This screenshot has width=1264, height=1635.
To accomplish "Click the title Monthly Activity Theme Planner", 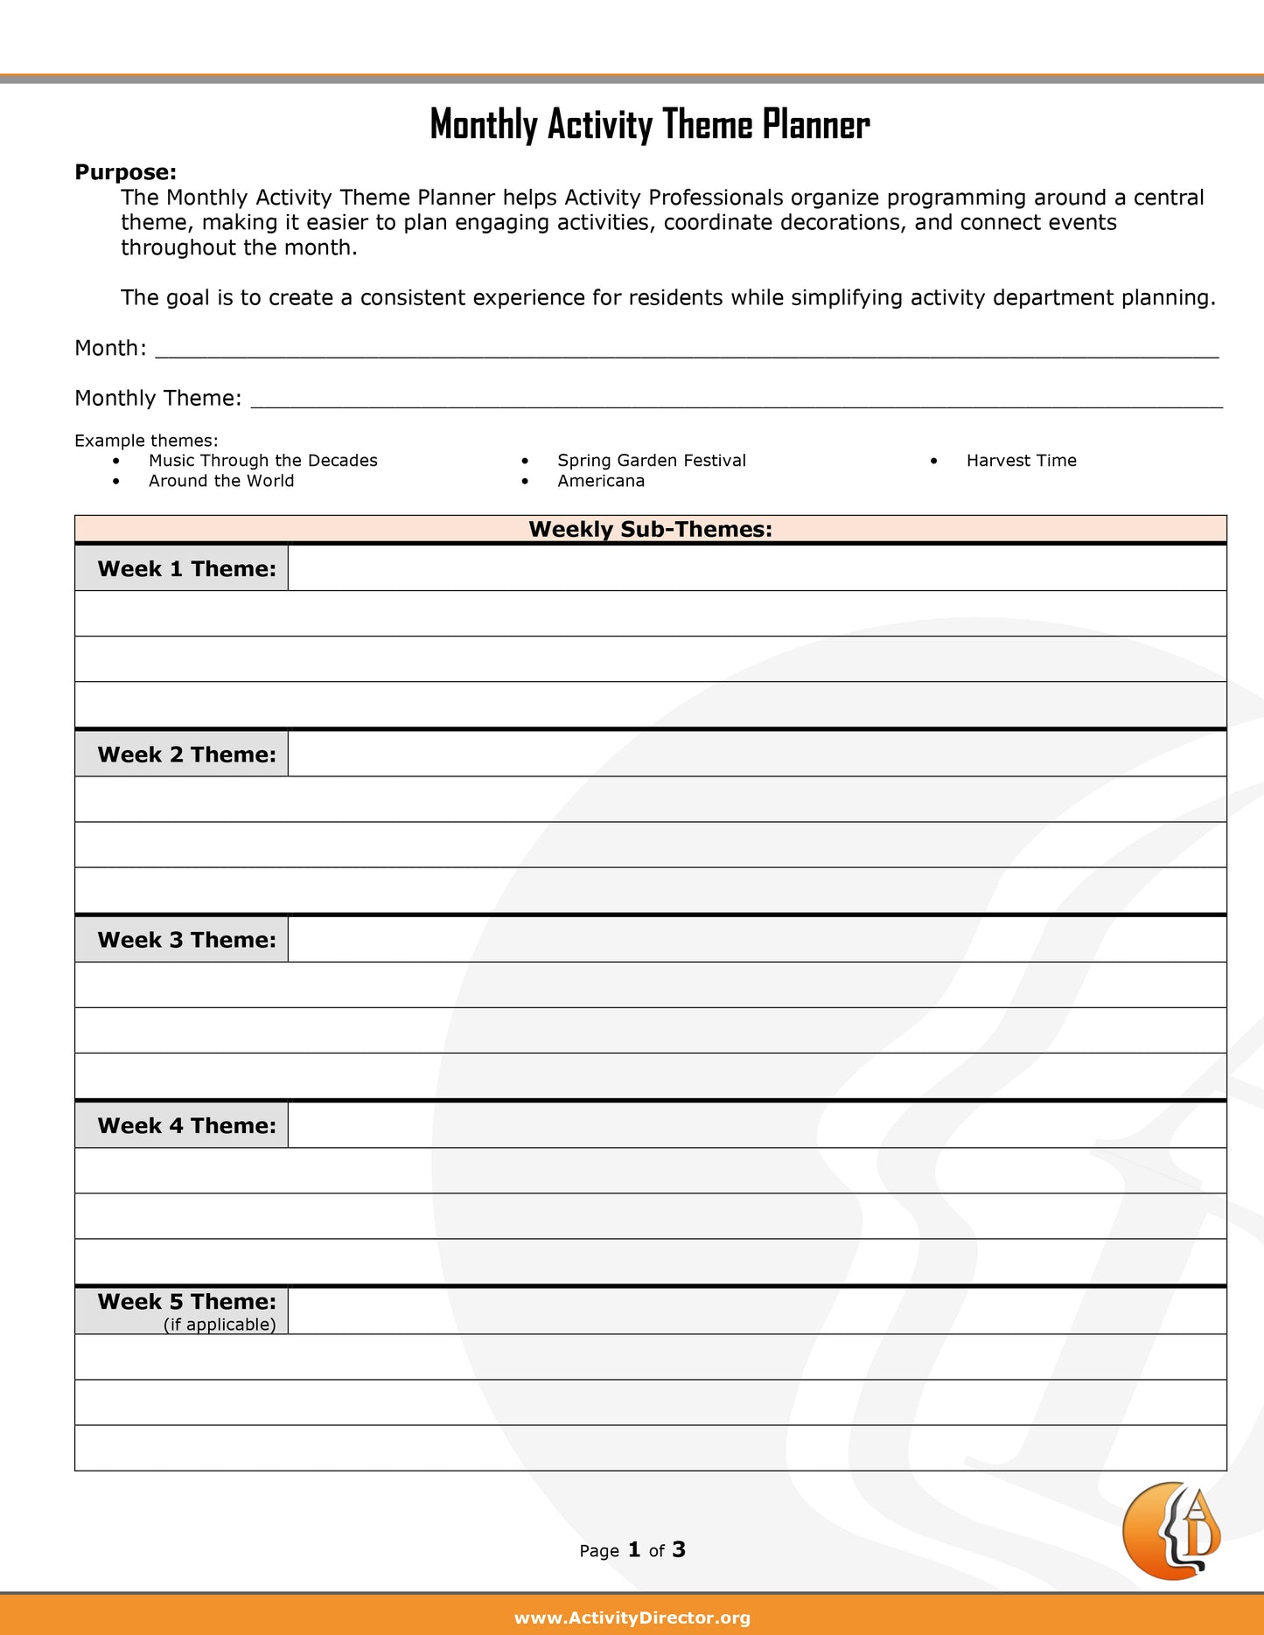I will click(649, 124).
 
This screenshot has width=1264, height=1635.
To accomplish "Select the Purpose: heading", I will click(125, 172).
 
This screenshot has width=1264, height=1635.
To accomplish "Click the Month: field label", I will click(110, 348).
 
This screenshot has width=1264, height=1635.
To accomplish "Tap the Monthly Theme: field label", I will click(157, 398).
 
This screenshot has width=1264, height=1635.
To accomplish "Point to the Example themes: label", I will click(146, 441).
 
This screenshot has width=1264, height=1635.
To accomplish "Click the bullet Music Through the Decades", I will click(262, 461).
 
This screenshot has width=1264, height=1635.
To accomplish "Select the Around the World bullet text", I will click(221, 481).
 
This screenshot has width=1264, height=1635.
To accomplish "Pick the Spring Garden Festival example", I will click(652, 461).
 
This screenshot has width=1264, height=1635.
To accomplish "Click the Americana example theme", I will click(601, 481).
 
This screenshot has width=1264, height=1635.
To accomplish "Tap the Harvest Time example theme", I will click(1021, 461).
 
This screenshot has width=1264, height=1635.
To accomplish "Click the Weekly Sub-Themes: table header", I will click(650, 529).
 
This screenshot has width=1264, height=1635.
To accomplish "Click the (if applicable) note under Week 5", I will click(220, 1325).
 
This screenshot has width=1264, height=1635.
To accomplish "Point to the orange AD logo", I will click(1171, 1530).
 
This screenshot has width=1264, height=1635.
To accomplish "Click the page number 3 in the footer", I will click(679, 1549).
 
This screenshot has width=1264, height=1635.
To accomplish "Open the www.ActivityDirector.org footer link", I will click(632, 1618).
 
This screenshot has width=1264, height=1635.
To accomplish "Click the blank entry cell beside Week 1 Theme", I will click(757, 568).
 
